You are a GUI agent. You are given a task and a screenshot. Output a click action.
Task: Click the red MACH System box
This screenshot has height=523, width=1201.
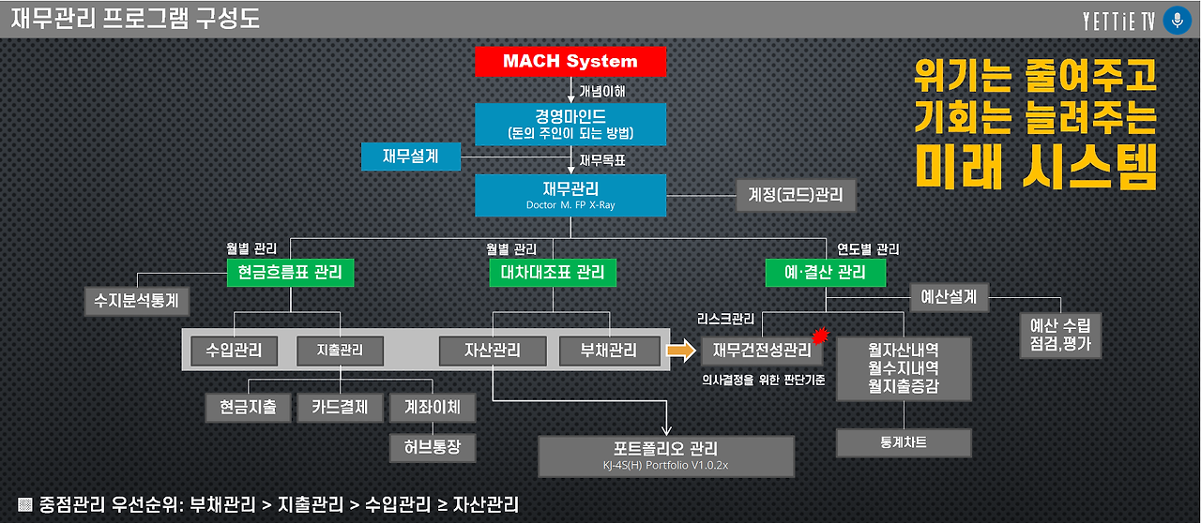570,62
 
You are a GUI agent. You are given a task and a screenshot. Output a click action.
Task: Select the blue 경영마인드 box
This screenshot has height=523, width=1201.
570,124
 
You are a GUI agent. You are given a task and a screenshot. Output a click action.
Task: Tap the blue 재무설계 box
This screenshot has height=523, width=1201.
411,156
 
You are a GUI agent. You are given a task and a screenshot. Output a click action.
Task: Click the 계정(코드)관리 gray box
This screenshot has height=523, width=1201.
796,196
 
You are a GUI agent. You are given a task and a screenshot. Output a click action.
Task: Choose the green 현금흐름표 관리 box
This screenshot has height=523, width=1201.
291,273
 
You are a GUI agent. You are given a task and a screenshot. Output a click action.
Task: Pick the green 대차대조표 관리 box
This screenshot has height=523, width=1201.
553,273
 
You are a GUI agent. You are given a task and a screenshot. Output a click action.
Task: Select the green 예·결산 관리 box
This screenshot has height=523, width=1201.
826,273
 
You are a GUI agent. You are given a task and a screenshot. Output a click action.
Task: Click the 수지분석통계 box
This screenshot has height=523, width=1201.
137,301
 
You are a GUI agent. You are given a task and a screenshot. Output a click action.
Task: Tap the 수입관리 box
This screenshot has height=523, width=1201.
234,351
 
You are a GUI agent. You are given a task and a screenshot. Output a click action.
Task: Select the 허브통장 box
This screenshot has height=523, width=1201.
433,447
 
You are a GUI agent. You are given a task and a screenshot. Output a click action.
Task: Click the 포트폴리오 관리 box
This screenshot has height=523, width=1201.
666,455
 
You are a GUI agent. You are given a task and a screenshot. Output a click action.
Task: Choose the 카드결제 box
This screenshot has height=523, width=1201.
341,407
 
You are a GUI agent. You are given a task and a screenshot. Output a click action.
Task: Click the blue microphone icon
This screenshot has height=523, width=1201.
1176,21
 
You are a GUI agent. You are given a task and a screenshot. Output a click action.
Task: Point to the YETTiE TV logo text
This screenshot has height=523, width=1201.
1118,21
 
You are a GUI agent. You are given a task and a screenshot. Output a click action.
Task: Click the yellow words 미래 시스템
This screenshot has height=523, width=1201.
1036,167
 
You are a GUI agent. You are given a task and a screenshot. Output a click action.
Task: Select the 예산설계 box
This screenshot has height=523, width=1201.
950,298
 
